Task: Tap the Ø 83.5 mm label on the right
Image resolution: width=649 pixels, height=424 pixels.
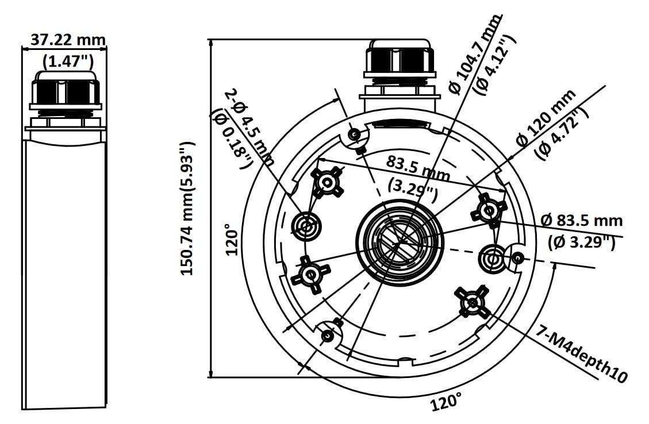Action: coord(582,221)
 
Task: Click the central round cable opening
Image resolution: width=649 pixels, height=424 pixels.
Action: coord(400,243)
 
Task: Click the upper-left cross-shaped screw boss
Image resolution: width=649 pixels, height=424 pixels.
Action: coord(327,183)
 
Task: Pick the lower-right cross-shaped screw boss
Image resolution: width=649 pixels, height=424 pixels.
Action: coord(472,301)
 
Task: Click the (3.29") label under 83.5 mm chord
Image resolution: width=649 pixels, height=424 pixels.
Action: coord(413,189)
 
